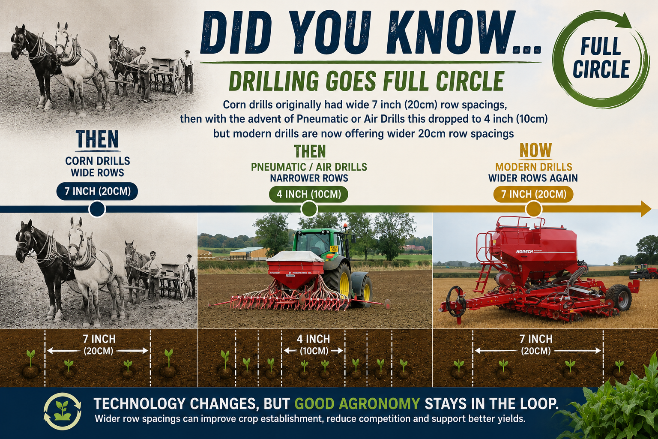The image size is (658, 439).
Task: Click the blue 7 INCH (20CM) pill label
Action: click(x=97, y=191)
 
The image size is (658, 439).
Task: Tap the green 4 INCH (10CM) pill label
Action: click(x=309, y=194)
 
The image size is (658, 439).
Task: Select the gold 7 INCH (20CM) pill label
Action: click(x=533, y=194)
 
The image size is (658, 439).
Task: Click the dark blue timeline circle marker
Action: click(x=97, y=209)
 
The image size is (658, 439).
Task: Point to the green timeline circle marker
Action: click(x=309, y=209)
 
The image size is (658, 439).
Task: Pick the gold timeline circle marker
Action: click(x=533, y=209)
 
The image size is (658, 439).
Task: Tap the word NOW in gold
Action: click(x=536, y=150)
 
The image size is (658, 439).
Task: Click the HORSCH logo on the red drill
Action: click(x=524, y=252)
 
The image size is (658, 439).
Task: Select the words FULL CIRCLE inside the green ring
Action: click(x=601, y=58)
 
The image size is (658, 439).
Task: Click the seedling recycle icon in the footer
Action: click(x=62, y=412)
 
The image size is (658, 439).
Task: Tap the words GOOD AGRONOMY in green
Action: click(x=357, y=404)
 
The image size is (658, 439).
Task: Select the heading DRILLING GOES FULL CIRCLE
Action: click(x=367, y=81)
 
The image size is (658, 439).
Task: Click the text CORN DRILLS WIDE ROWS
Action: click(x=98, y=167)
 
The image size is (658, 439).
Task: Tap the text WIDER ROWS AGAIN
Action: click(x=533, y=178)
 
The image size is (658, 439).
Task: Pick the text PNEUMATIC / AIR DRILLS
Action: click(x=309, y=167)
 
